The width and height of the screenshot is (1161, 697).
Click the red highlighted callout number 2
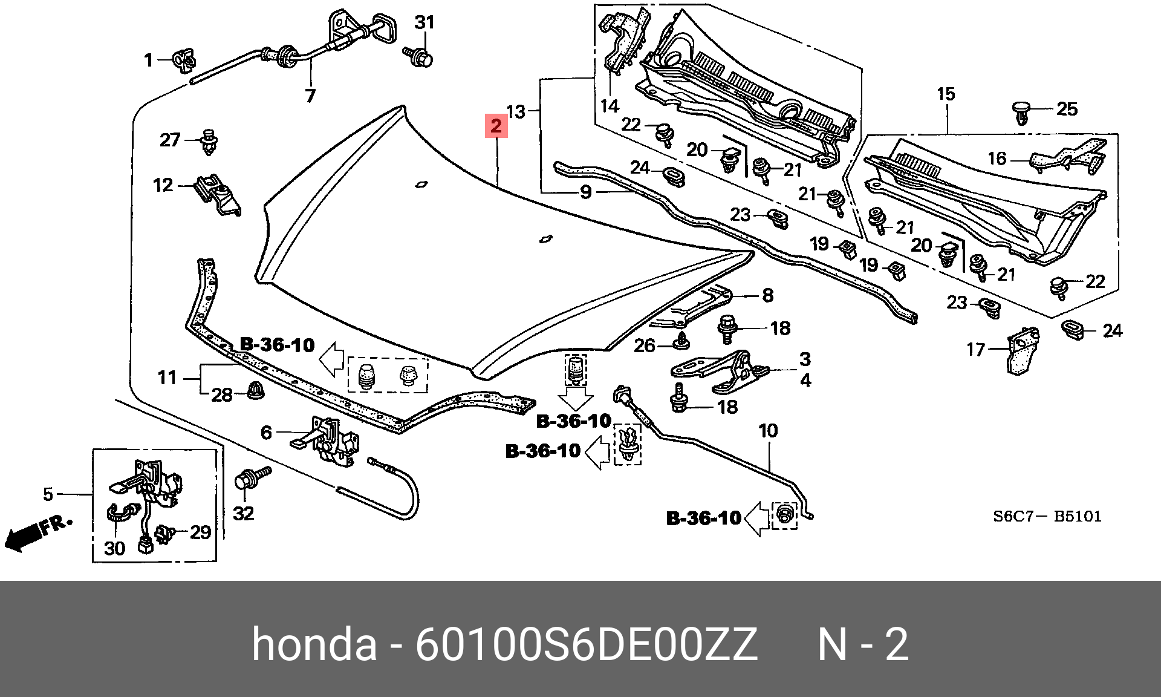click(496, 126)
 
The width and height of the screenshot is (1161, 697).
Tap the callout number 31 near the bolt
click(424, 23)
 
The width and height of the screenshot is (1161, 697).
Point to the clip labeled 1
click(184, 59)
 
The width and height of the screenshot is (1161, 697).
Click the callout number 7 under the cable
click(310, 96)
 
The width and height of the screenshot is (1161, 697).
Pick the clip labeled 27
click(209, 141)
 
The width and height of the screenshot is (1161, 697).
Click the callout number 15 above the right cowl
click(946, 94)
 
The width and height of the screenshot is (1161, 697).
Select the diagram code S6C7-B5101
click(1047, 516)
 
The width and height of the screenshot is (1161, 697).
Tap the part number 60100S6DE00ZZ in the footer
click(585, 645)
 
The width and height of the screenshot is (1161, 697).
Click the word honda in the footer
click(314, 645)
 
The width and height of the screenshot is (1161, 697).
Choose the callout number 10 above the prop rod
click(768, 431)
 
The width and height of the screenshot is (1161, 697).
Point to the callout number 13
click(515, 111)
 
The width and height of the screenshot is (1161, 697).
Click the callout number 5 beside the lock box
click(48, 494)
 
